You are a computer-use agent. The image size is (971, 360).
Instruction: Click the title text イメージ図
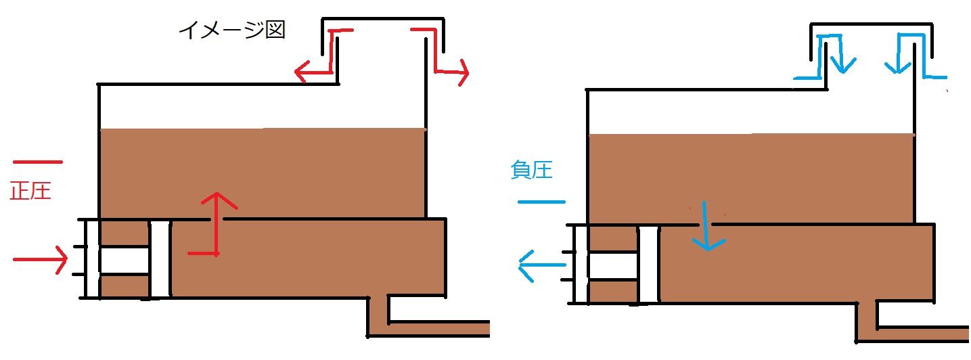tap(232, 30)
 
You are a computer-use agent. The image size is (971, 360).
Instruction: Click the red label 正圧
tap(30, 191)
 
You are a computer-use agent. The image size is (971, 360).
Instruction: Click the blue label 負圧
tap(531, 170)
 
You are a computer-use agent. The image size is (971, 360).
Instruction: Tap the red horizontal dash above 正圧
tap(38, 162)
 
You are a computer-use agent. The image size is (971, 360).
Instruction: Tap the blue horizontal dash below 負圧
tap(542, 202)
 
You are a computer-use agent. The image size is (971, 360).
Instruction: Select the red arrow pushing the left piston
tap(41, 259)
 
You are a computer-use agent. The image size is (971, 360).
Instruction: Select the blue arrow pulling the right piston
tap(542, 265)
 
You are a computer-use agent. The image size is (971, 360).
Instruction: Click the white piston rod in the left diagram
tap(124, 261)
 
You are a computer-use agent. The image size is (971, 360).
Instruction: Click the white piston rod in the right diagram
tap(612, 266)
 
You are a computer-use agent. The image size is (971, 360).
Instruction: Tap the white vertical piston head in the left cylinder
tap(160, 259)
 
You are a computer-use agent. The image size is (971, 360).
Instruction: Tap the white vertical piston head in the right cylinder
tap(649, 265)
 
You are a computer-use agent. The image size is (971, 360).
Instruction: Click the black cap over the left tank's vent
tap(383, 19)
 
